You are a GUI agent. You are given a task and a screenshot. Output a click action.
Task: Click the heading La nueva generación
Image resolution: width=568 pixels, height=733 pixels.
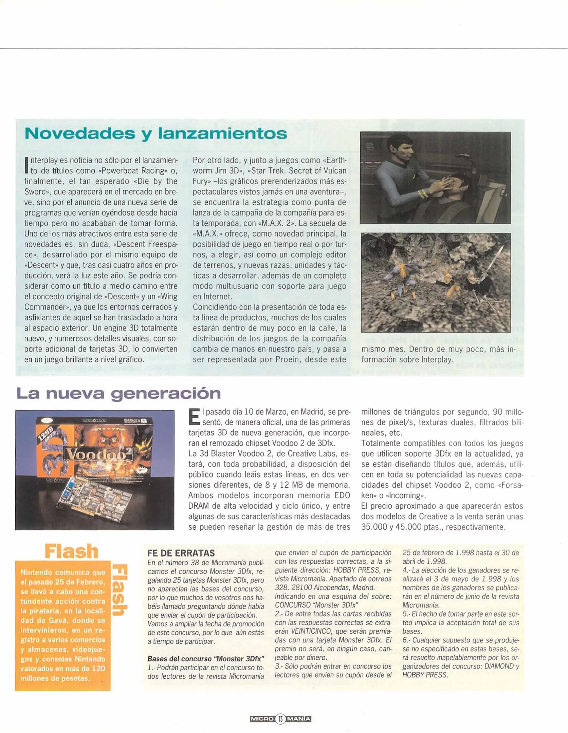tap(118, 394)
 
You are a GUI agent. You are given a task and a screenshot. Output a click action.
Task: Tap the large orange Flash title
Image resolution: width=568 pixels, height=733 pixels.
tap(72, 551)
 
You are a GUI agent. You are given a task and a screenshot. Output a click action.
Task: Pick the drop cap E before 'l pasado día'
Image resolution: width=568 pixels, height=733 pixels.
tap(194, 417)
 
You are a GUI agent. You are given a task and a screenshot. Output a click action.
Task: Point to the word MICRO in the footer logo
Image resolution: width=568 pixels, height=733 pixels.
tap(262, 719)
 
